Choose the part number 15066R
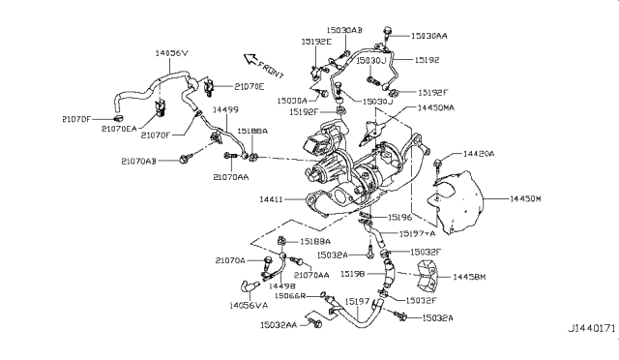287,295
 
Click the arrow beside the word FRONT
249,57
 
